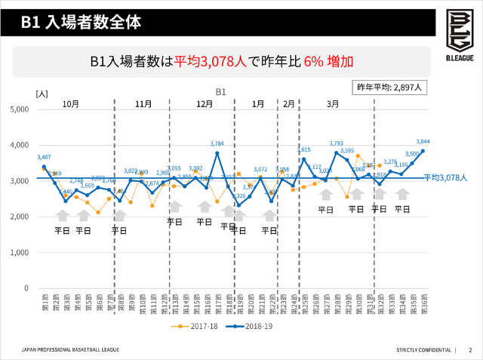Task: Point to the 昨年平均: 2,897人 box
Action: point(392,87)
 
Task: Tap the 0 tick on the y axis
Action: point(26,288)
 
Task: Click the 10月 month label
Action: point(72,103)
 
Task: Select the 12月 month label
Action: point(204,103)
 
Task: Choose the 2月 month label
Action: point(288,103)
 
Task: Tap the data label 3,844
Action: point(423,142)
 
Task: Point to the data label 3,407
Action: point(45,157)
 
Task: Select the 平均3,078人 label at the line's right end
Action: point(445,178)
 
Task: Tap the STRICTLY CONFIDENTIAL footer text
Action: point(423,349)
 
